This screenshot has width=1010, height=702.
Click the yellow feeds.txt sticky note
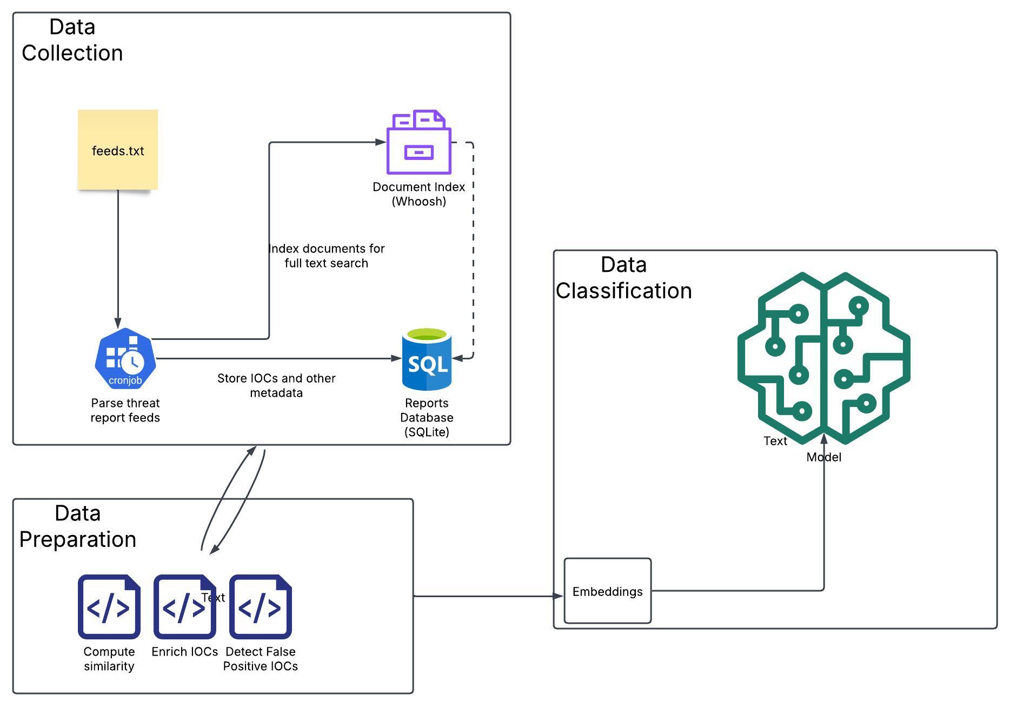(x=117, y=150)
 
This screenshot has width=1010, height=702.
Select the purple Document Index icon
(x=418, y=143)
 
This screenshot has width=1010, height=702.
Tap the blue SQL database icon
(x=427, y=359)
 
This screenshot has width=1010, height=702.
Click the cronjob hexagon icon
(x=125, y=359)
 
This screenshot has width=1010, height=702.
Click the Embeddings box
(x=607, y=591)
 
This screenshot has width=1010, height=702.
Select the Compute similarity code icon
(x=109, y=606)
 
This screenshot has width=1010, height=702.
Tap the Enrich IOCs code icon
(x=184, y=606)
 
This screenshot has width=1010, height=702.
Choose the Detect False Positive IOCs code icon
(x=261, y=606)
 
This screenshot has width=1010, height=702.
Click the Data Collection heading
(x=72, y=40)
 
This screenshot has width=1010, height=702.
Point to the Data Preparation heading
(x=77, y=526)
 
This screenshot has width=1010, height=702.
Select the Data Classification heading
(x=623, y=278)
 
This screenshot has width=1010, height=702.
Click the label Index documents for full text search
(x=327, y=256)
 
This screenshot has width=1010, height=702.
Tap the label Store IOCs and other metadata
(x=276, y=385)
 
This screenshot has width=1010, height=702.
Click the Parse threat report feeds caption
(x=125, y=410)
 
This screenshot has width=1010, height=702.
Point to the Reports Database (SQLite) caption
(x=427, y=417)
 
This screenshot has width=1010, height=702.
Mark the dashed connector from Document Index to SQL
(x=473, y=249)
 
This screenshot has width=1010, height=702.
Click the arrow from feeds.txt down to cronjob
(x=118, y=259)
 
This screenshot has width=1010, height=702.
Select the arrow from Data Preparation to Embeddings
(x=487, y=596)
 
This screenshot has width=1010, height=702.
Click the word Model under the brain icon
(x=823, y=457)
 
